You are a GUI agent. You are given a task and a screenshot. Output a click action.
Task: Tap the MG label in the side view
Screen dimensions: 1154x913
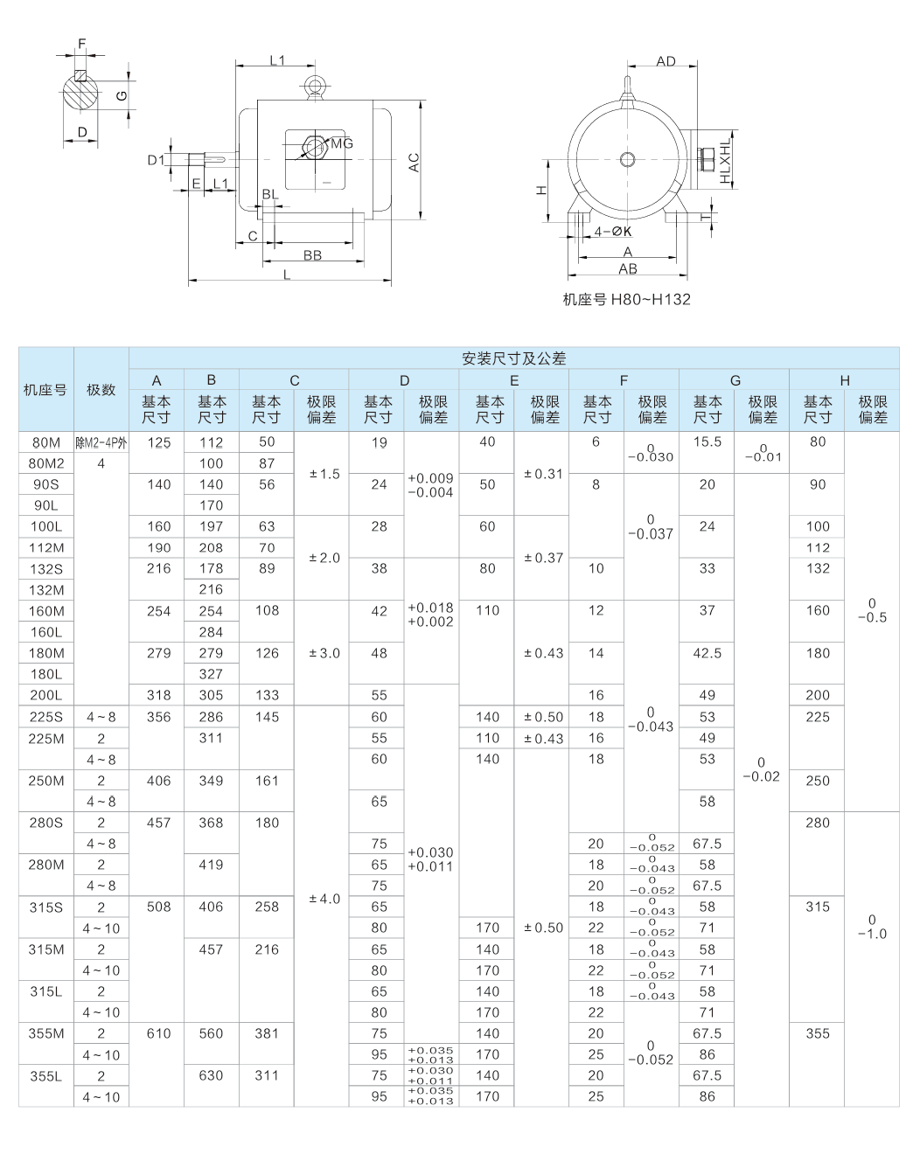point(342,143)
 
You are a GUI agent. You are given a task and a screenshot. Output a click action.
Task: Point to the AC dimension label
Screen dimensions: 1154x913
point(414,163)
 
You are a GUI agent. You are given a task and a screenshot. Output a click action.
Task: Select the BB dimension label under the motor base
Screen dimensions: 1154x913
point(312,255)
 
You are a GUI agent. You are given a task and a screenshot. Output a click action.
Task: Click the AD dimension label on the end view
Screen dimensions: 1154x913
point(666,61)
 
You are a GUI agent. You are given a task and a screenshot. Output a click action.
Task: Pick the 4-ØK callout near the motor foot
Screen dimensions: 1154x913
point(612,232)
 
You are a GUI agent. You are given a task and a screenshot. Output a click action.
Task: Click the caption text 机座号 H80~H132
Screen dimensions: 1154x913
point(627,299)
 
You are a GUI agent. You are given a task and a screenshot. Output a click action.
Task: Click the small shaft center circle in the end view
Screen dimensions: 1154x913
point(627,159)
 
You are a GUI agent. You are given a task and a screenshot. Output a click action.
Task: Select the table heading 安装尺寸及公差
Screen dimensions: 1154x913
point(514,358)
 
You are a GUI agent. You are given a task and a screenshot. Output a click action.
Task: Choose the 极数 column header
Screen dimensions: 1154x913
point(101,390)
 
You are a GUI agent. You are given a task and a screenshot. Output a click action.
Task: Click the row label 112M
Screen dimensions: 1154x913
point(46,547)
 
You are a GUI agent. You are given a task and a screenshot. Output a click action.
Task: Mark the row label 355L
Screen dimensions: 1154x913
point(46,1076)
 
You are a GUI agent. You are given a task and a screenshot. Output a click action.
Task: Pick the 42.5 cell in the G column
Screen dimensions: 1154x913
point(707,653)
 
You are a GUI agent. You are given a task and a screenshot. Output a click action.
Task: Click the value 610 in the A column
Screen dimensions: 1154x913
point(158,1033)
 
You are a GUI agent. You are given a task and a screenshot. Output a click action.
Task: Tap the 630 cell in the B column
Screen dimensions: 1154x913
point(211,1075)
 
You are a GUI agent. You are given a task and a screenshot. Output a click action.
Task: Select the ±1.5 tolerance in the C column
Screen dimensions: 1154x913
point(324,474)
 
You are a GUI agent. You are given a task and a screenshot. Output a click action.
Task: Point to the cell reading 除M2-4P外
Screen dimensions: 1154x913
point(101,442)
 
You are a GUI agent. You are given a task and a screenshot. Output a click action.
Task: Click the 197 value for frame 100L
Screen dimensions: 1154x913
point(211,526)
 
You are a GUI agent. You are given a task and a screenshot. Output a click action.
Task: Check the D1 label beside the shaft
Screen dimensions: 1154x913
point(156,160)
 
